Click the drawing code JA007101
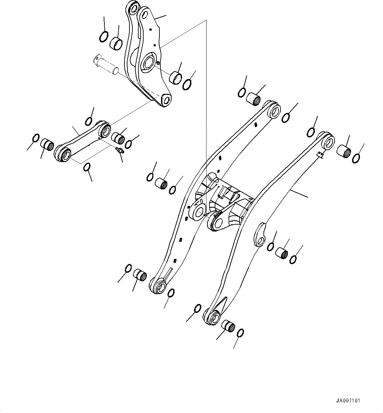[348, 401]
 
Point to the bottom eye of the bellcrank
[166, 99]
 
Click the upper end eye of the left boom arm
[274, 110]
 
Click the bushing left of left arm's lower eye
[140, 274]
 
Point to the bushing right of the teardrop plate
[282, 253]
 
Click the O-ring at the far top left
[103, 36]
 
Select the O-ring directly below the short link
[86, 167]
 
